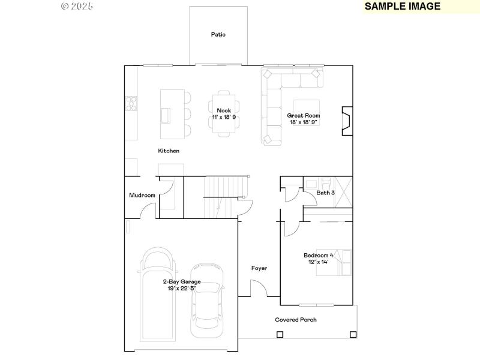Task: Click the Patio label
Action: [218, 35]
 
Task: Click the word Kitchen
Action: [169, 151]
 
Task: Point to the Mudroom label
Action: [142, 196]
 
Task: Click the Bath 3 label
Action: [325, 193]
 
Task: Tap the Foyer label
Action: [259, 268]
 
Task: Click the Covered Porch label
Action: [296, 320]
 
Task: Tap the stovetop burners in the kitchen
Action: [130, 104]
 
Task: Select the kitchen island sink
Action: [166, 114]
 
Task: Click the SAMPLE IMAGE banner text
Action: [402, 7]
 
